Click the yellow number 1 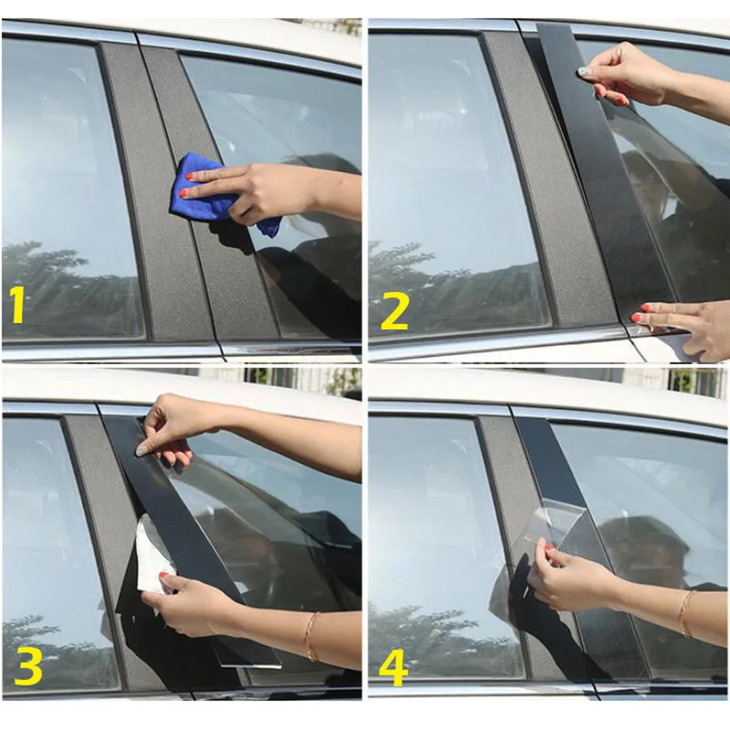point(17,306)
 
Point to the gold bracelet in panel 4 point(685,613)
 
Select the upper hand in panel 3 point(171,430)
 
